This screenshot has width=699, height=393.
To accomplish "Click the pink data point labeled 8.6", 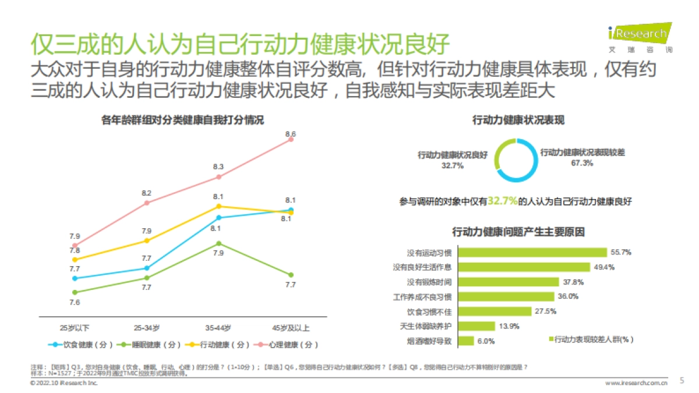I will [291, 139].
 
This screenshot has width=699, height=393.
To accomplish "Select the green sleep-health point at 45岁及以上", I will [291, 275].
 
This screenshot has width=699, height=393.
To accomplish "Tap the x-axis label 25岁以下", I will [75, 327].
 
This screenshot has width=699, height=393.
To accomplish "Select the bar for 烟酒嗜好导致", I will [464, 341].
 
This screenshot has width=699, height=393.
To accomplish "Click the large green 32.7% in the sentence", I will [503, 201].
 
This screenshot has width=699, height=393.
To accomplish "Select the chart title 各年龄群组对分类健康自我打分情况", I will [182, 121].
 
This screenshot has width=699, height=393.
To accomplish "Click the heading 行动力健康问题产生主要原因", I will [518, 232].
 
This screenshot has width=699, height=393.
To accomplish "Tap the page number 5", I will [682, 381].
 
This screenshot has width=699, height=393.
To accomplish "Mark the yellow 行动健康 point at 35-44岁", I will [219, 206].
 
